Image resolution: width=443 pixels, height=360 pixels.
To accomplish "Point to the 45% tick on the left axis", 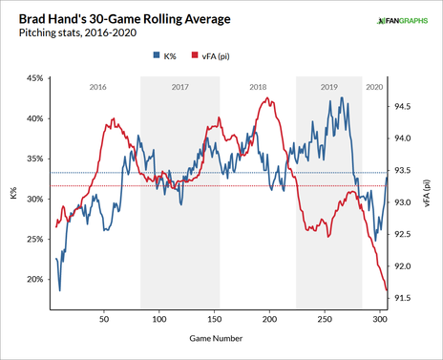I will point(32,78).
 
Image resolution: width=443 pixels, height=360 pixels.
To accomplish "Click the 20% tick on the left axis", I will point(32,280).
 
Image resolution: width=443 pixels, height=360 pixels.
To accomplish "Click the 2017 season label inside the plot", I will point(179,87).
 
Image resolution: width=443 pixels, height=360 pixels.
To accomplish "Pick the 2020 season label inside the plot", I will point(375,87).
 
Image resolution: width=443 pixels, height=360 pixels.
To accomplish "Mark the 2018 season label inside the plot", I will point(257,87).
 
